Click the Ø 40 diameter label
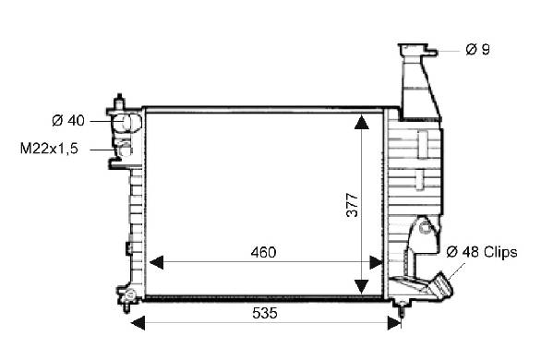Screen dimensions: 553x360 click(68, 121)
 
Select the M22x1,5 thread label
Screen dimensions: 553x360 click(49, 149)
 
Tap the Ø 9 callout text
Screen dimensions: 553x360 click(477, 49)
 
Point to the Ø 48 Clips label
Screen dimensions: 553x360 click(482, 252)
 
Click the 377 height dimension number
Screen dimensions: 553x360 click(353, 205)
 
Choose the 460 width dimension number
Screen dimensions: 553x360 click(263, 252)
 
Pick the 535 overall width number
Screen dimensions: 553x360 click(265, 313)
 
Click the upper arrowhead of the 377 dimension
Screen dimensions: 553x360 click(362, 123)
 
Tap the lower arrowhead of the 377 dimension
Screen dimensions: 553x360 click(362, 286)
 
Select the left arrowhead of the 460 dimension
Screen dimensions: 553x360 click(157, 262)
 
